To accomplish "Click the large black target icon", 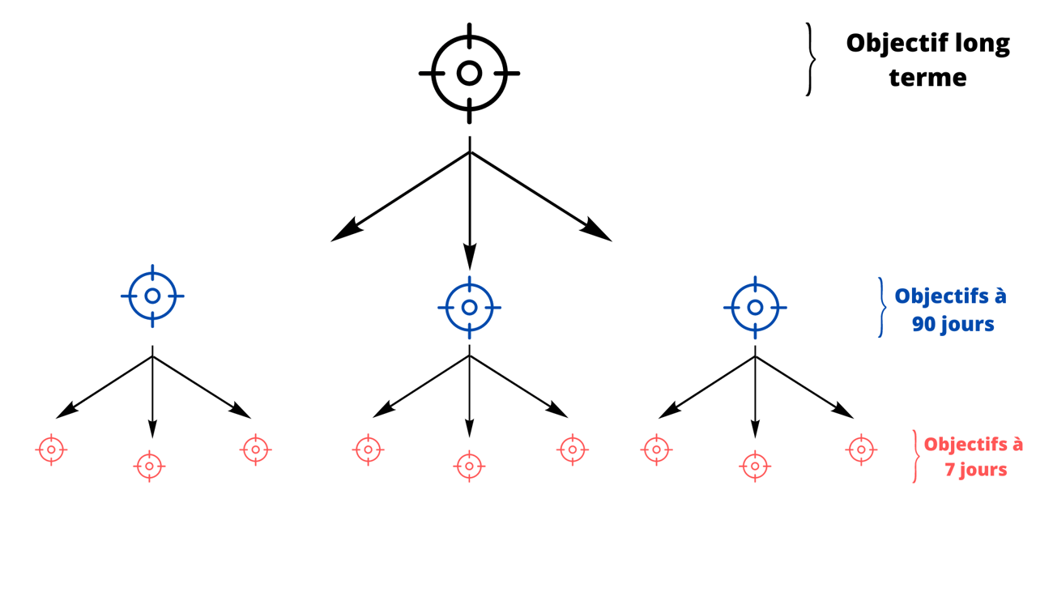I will coord(469,73).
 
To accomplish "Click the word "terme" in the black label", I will coord(927,78).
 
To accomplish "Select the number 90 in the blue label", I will coord(925,325).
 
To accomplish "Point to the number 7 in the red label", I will coord(949,470).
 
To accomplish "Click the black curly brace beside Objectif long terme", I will coord(810,59).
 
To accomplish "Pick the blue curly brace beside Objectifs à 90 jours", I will coord(881,307).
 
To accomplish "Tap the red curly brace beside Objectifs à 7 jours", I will coord(916,456).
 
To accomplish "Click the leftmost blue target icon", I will coord(152,296).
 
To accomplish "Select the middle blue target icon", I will coord(469,308).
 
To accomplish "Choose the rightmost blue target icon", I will coord(755,308).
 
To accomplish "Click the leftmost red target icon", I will coord(51,449).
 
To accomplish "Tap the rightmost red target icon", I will coord(861,449).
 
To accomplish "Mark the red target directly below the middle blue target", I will coord(469,466).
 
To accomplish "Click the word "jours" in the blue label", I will coord(967,325).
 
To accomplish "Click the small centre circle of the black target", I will coord(469,73).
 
